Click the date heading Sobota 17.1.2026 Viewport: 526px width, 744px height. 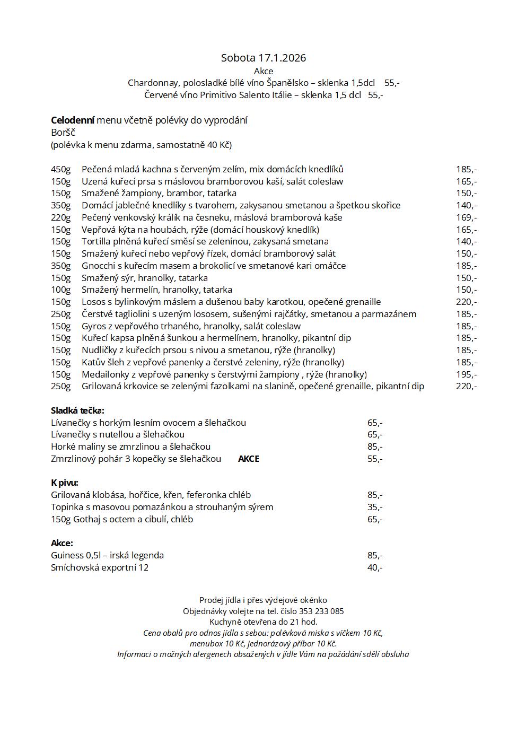(263, 58)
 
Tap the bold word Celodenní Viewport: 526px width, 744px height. (73, 120)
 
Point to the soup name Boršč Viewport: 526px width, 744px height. (63, 133)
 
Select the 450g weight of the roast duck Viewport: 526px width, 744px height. (60, 169)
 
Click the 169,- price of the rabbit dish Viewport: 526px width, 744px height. (466, 217)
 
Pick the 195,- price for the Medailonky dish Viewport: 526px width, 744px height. (466, 374)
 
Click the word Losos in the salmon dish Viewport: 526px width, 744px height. (93, 302)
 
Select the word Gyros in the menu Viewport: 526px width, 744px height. (93, 326)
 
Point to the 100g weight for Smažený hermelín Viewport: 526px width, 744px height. (60, 290)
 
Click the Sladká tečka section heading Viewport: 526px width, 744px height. (77, 410)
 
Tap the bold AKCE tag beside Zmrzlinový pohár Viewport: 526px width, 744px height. (248, 459)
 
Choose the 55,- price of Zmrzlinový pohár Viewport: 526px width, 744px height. (374, 459)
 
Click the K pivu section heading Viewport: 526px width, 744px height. (65, 483)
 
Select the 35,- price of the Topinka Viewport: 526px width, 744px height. (374, 507)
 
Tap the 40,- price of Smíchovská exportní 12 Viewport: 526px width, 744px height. (374, 567)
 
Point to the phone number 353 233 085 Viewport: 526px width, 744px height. (325, 611)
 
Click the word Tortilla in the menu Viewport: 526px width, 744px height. (96, 241)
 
